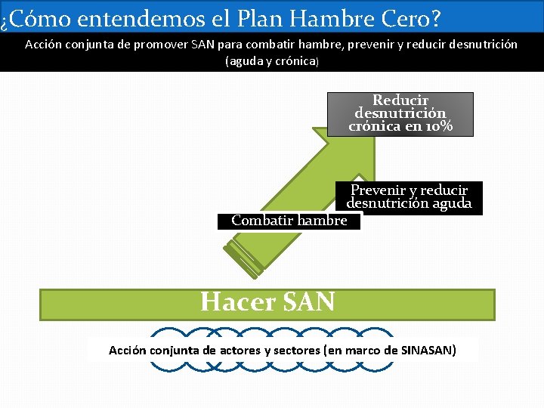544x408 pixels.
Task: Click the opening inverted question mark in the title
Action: (x=5, y=19)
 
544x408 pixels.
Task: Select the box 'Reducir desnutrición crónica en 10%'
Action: (x=400, y=113)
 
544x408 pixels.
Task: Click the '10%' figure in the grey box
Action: (x=438, y=126)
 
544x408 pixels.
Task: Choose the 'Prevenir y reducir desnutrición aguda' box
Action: (x=409, y=197)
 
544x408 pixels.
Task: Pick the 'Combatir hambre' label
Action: (x=289, y=221)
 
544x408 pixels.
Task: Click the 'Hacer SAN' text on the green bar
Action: (x=267, y=302)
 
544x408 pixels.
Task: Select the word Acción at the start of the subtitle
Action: (x=43, y=45)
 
